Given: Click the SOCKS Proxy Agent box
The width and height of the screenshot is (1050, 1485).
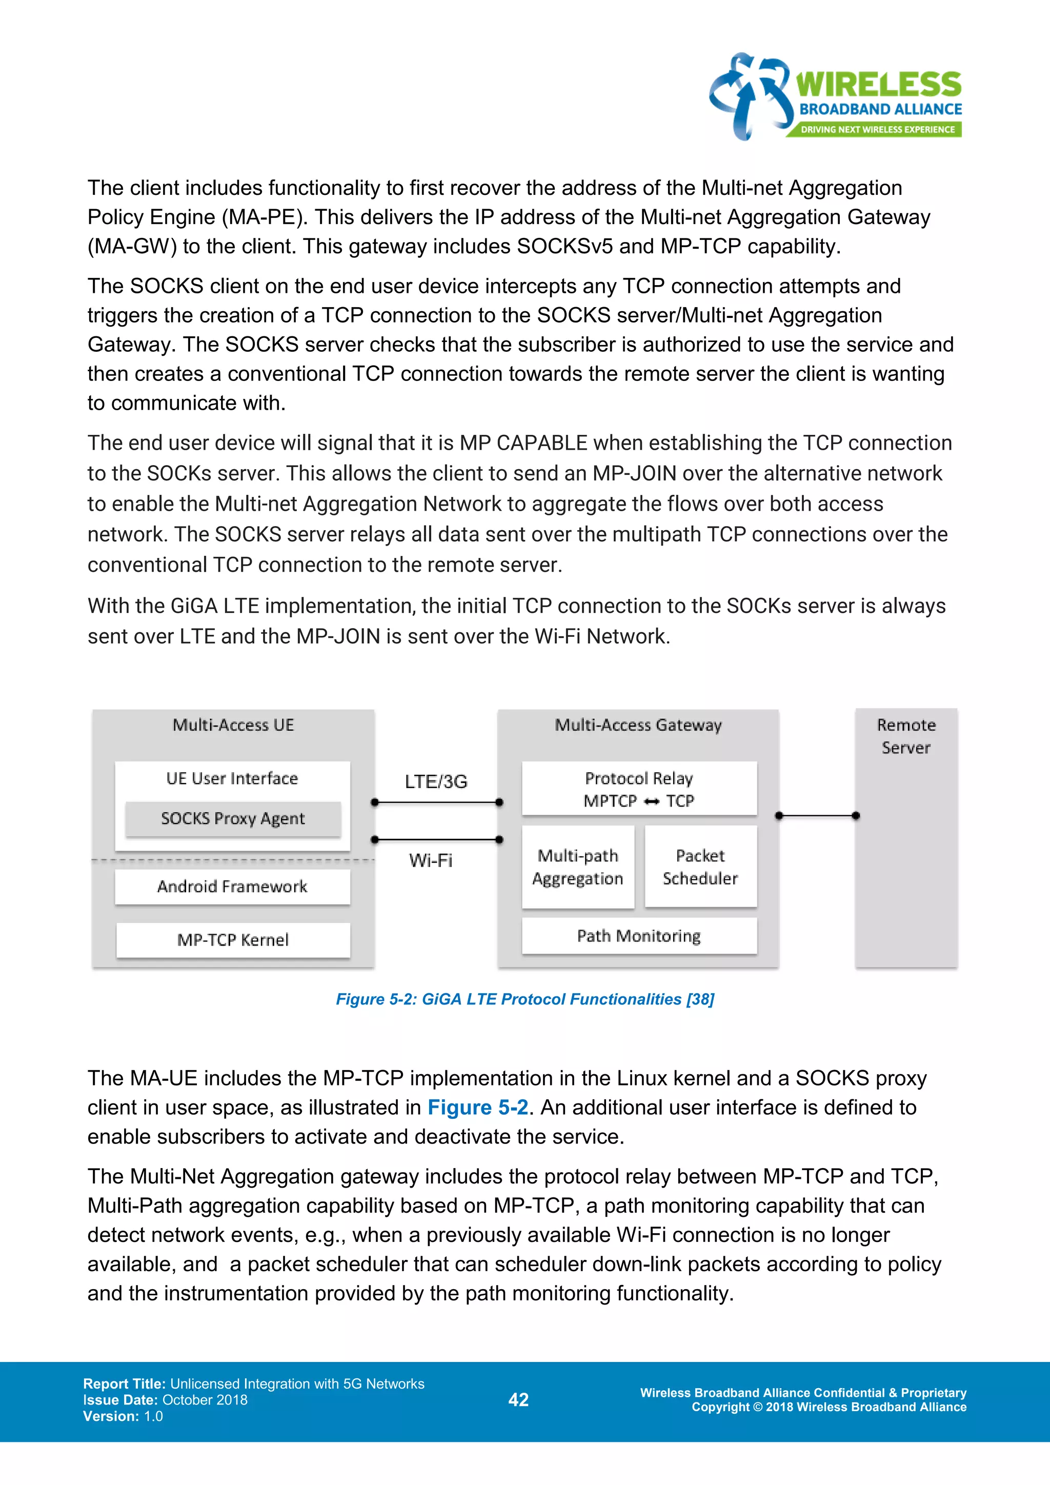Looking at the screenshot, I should tap(233, 819).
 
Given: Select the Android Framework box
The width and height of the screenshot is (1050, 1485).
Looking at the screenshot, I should tap(233, 887).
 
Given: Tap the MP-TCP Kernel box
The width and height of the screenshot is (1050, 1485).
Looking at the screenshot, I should tap(233, 940).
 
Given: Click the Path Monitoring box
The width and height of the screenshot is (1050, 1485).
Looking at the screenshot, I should tap(639, 936).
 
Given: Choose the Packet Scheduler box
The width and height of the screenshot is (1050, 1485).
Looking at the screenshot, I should tap(700, 867).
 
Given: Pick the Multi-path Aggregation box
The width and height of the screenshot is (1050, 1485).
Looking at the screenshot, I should tap(577, 867).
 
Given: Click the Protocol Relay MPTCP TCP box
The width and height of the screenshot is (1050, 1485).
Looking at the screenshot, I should tap(639, 789).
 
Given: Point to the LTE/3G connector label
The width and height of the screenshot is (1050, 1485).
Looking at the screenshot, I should tap(436, 781).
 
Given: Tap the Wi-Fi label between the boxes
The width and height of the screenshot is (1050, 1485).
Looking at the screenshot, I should tap(431, 860).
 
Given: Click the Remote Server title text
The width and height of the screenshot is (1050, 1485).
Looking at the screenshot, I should tap(906, 736).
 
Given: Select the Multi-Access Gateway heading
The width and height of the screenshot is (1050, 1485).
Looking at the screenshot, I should tap(638, 725).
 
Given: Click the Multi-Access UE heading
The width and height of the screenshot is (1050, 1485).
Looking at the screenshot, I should tap(233, 725).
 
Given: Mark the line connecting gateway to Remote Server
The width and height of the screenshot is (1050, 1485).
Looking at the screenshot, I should tap(817, 816).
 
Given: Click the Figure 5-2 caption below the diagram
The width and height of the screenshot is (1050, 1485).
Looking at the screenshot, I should tap(525, 999).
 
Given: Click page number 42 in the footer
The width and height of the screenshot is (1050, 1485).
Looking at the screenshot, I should tap(518, 1400).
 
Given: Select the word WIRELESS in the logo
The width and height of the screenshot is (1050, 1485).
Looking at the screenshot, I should tap(878, 85).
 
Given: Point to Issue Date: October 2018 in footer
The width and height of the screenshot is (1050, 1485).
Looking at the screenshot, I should tap(165, 1400).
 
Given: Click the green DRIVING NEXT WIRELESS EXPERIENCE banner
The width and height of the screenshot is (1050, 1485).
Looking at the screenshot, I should tap(877, 129).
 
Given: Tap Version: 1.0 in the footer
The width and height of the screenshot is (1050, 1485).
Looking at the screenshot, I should tap(123, 1416).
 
